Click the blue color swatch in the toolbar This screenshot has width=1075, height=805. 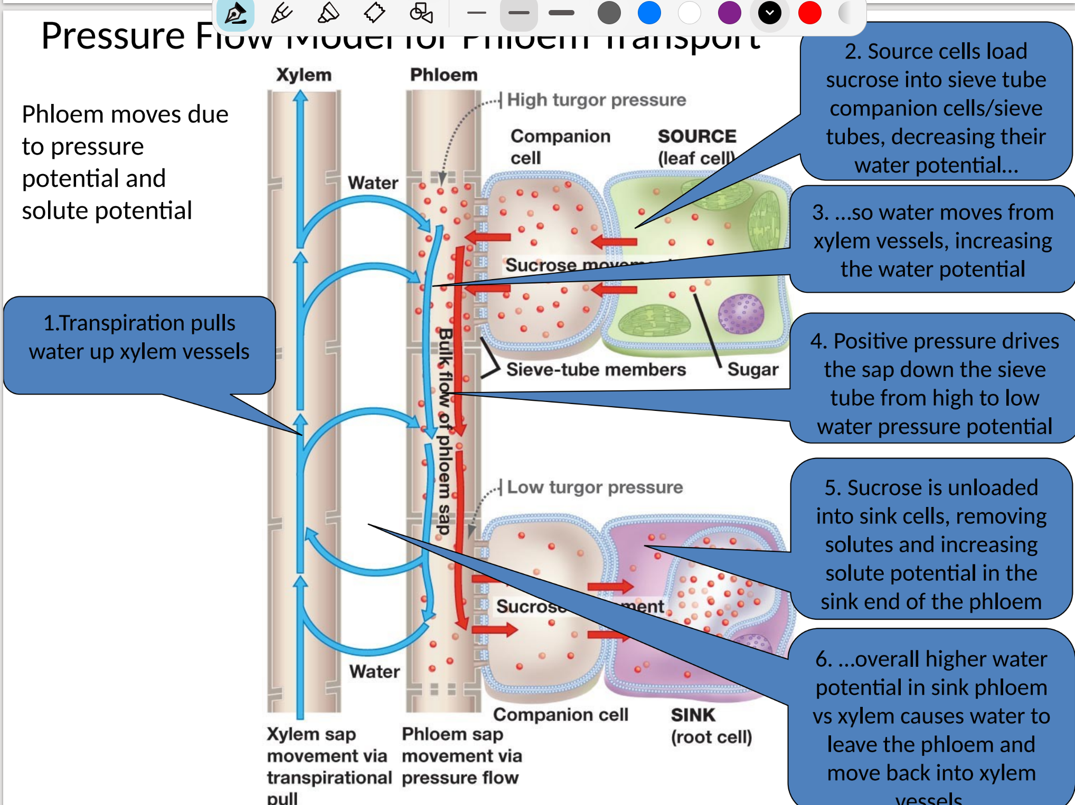(x=649, y=13)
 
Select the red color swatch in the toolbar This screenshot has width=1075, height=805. (x=809, y=13)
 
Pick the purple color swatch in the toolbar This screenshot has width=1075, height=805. (x=729, y=13)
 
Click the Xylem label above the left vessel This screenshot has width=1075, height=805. (x=304, y=75)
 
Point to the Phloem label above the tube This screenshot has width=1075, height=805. (x=444, y=75)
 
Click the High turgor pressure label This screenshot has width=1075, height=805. (x=596, y=100)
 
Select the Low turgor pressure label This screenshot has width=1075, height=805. (x=595, y=487)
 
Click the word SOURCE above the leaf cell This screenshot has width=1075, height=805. (x=696, y=136)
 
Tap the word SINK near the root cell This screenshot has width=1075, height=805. (x=693, y=715)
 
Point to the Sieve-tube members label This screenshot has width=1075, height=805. (x=596, y=370)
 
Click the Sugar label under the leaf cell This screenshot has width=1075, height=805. (x=752, y=370)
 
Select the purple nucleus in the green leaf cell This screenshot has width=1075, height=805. (x=741, y=314)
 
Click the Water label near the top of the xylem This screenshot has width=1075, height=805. (x=373, y=183)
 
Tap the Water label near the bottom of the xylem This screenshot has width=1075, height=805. (x=374, y=672)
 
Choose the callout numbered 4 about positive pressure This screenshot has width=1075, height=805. (x=934, y=384)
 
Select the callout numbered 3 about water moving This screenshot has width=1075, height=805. (x=932, y=241)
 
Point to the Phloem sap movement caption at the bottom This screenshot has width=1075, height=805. (x=461, y=756)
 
